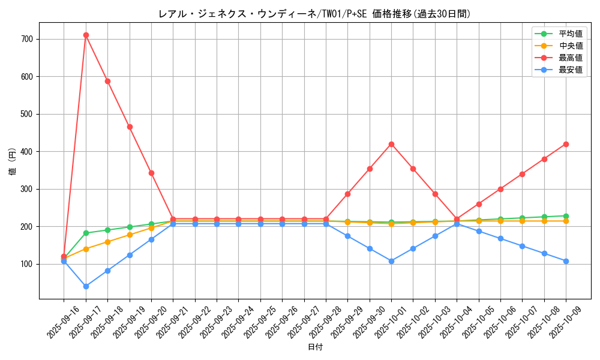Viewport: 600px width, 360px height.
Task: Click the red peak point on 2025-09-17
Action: (86, 35)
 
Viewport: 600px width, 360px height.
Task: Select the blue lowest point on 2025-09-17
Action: (86, 286)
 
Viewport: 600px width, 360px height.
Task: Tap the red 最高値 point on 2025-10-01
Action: (391, 144)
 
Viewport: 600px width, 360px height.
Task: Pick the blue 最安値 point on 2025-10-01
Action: (391, 261)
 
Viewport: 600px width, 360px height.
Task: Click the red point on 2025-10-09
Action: (566, 144)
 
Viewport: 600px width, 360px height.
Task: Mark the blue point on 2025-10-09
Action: (566, 261)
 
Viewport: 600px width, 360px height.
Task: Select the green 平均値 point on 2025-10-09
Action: (566, 216)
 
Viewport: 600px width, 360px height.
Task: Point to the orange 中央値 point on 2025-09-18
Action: (107, 242)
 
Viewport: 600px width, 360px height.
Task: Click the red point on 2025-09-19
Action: (130, 127)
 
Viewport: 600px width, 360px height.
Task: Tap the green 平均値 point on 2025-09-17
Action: (86, 233)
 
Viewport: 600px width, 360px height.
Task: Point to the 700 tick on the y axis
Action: (28, 39)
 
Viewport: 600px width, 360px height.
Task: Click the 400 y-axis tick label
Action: (28, 151)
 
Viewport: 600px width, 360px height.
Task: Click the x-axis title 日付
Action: (315, 347)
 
